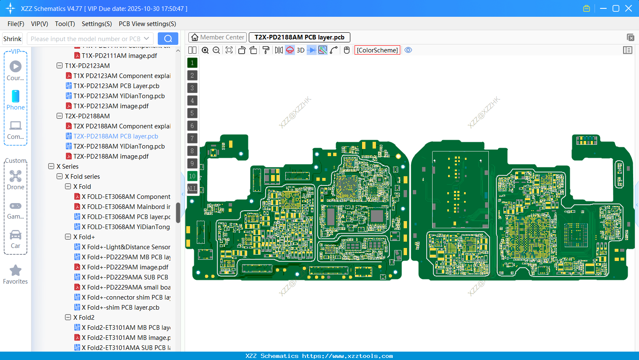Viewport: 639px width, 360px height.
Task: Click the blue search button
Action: (x=168, y=39)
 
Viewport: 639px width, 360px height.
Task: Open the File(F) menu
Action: (x=16, y=24)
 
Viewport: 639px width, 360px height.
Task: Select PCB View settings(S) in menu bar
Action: (x=147, y=24)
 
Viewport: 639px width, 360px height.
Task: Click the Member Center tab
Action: (x=217, y=37)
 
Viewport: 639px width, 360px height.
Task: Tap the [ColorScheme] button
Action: (x=377, y=50)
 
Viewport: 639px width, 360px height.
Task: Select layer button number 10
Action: (x=192, y=176)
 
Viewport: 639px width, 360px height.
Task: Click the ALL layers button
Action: (x=192, y=189)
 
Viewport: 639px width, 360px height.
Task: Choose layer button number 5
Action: (x=192, y=113)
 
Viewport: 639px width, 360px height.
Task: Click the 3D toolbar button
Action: (x=300, y=50)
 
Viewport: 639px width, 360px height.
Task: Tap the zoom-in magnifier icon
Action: (x=205, y=50)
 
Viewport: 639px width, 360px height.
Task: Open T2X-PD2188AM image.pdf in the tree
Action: (x=111, y=157)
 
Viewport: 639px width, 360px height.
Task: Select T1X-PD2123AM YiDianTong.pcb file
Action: (x=119, y=96)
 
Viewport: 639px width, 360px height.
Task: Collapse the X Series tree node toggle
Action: (x=51, y=167)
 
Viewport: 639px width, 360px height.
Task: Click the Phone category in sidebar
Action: (x=16, y=100)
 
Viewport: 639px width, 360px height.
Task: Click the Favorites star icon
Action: (x=16, y=271)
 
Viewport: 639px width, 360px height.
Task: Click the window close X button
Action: (x=629, y=8)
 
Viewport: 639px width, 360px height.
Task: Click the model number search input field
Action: (x=86, y=39)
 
